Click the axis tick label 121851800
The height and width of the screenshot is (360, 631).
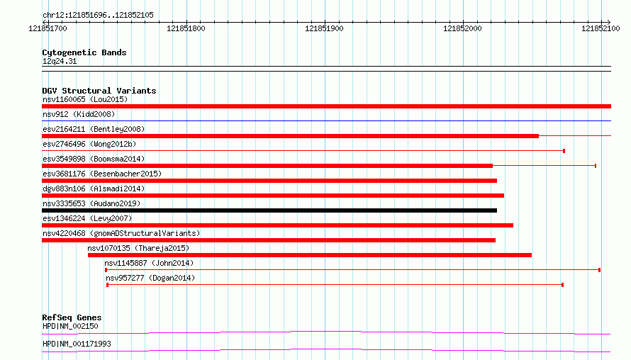coord(186,28)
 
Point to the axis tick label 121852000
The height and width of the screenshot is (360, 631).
coord(462,28)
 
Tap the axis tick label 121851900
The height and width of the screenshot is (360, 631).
coord(324,28)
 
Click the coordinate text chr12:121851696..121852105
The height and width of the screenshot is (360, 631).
coord(98,16)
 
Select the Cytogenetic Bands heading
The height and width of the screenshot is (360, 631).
coord(84,52)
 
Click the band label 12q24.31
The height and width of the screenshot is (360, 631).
coord(60,61)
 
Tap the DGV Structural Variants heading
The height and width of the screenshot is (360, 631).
coord(99,91)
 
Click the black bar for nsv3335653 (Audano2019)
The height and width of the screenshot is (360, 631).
coord(269,210)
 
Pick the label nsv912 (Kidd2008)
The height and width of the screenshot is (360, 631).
coord(79,114)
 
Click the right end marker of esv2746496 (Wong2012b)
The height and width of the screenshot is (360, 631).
coord(564,151)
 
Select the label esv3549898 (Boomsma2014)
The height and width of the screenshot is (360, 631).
coord(94,159)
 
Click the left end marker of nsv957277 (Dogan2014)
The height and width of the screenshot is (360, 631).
coord(107,285)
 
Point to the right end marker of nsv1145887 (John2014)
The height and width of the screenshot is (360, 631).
coord(599,270)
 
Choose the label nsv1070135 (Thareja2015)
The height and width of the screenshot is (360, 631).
coord(138,248)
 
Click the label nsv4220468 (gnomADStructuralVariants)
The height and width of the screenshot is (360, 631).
coord(121,233)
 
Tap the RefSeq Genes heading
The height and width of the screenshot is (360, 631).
coord(72,317)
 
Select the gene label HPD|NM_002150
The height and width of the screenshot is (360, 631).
coord(70,326)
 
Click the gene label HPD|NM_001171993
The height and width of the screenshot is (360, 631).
coord(77,344)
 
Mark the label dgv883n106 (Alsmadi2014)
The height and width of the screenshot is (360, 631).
coord(94,189)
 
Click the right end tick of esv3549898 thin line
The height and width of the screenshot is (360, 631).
coord(595,166)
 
